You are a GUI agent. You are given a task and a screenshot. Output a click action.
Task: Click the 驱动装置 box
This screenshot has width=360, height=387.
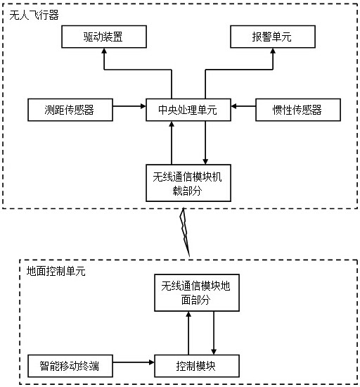(x=104, y=37)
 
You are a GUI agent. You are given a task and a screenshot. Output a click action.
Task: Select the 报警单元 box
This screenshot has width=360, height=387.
(x=273, y=37)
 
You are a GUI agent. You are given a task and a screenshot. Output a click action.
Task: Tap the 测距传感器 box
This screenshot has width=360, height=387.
(x=70, y=110)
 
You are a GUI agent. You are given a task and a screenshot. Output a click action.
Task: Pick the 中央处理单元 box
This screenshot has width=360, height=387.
(x=188, y=110)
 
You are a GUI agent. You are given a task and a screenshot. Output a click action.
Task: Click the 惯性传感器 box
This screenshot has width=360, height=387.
(x=298, y=110)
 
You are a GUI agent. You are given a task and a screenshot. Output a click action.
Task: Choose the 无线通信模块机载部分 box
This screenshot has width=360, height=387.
(x=188, y=183)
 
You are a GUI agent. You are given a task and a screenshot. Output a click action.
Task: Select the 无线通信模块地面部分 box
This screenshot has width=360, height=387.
(x=197, y=293)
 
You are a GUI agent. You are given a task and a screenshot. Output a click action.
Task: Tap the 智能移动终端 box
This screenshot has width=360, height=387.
(x=70, y=366)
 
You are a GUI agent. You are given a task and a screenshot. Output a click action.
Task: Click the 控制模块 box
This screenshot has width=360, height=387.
(x=197, y=366)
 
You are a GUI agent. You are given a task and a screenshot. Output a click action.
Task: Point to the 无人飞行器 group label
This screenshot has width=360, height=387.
(x=34, y=15)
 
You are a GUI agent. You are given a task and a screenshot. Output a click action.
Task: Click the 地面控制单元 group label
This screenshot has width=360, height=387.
(x=56, y=271)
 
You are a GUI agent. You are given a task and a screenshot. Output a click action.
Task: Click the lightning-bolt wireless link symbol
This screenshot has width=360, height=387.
(x=186, y=232)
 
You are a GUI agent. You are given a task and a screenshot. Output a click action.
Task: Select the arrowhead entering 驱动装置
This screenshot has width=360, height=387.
(x=104, y=51)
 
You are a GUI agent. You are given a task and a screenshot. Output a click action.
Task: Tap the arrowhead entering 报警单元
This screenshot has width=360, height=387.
(x=273, y=51)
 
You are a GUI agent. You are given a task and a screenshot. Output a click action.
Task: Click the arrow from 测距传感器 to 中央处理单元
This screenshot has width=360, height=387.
(x=129, y=106)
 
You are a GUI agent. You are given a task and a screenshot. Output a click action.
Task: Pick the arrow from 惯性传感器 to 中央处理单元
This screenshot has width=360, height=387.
(x=243, y=106)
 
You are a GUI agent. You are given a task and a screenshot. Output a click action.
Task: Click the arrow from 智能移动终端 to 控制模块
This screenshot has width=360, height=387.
(x=134, y=362)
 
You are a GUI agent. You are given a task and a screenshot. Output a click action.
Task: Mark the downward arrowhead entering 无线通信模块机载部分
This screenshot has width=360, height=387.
(x=205, y=161)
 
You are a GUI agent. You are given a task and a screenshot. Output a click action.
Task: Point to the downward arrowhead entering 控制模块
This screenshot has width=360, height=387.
(x=214, y=352)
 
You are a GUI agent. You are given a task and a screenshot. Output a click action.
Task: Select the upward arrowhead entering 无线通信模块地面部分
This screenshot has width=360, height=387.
(x=188, y=315)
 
